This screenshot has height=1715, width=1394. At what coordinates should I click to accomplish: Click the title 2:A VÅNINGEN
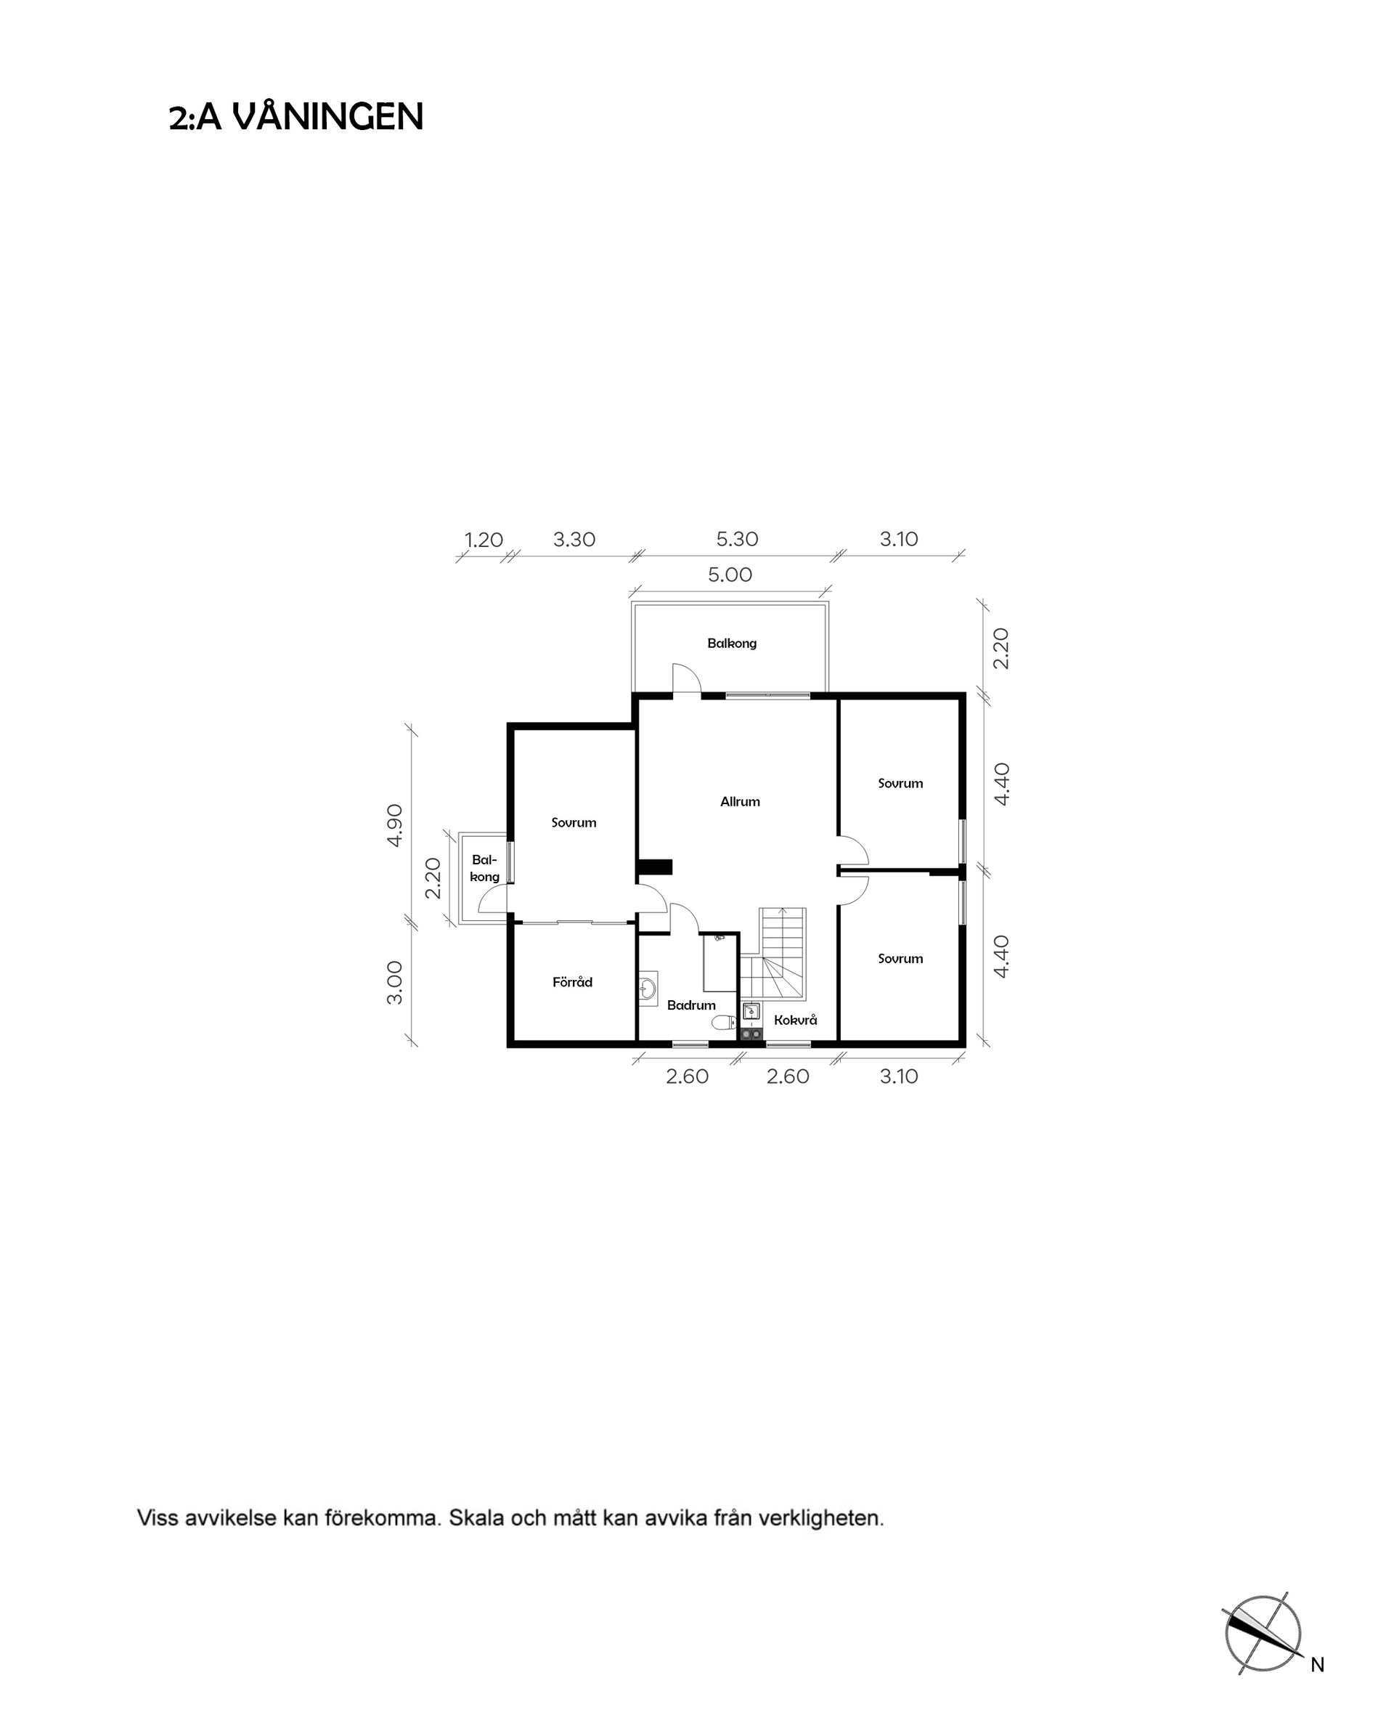click(295, 117)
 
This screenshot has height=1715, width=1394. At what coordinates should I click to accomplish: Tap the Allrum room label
click(740, 802)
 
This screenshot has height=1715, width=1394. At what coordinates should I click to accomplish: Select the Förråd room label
click(573, 981)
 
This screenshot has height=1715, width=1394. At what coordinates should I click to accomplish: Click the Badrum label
click(691, 1005)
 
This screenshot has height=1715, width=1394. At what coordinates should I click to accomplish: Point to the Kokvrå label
click(795, 1019)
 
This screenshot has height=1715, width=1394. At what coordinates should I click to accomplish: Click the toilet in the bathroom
click(723, 1022)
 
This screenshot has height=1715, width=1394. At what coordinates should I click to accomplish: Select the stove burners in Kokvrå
click(751, 1034)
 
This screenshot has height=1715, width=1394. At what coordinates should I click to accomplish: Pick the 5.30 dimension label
click(737, 539)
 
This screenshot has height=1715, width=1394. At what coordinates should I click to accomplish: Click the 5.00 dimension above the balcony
click(730, 575)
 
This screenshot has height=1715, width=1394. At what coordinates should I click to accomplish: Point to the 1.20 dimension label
click(484, 540)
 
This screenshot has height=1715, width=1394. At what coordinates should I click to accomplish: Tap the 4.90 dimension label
click(395, 825)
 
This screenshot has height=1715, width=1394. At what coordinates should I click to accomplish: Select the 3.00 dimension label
click(395, 982)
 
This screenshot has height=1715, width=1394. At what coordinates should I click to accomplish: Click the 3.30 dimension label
click(574, 539)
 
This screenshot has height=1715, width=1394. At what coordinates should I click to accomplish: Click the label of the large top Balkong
click(732, 644)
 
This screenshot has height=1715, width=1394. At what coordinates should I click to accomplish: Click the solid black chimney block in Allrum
click(654, 867)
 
